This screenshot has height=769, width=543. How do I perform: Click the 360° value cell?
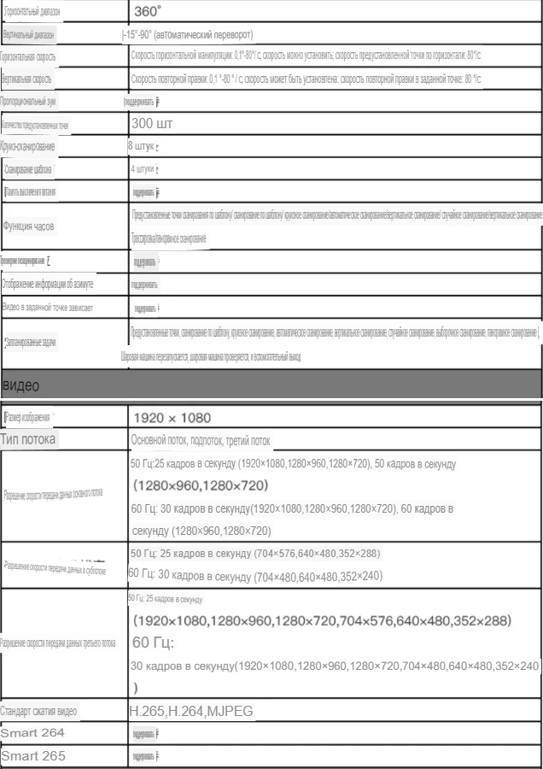[x=148, y=13]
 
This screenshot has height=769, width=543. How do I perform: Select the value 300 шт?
[x=152, y=124]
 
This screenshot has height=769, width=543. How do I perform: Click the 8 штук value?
[x=143, y=146]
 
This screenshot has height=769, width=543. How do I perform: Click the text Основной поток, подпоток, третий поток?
[x=200, y=441]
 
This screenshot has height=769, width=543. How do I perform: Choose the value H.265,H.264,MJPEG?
[x=191, y=711]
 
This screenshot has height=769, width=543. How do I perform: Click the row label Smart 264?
[x=32, y=732]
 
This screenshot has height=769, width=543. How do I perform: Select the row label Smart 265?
[x=32, y=755]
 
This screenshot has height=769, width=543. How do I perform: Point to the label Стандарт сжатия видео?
[x=51, y=711]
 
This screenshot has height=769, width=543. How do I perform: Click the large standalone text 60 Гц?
[x=153, y=642]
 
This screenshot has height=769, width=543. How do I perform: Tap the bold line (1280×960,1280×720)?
[x=201, y=485]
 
